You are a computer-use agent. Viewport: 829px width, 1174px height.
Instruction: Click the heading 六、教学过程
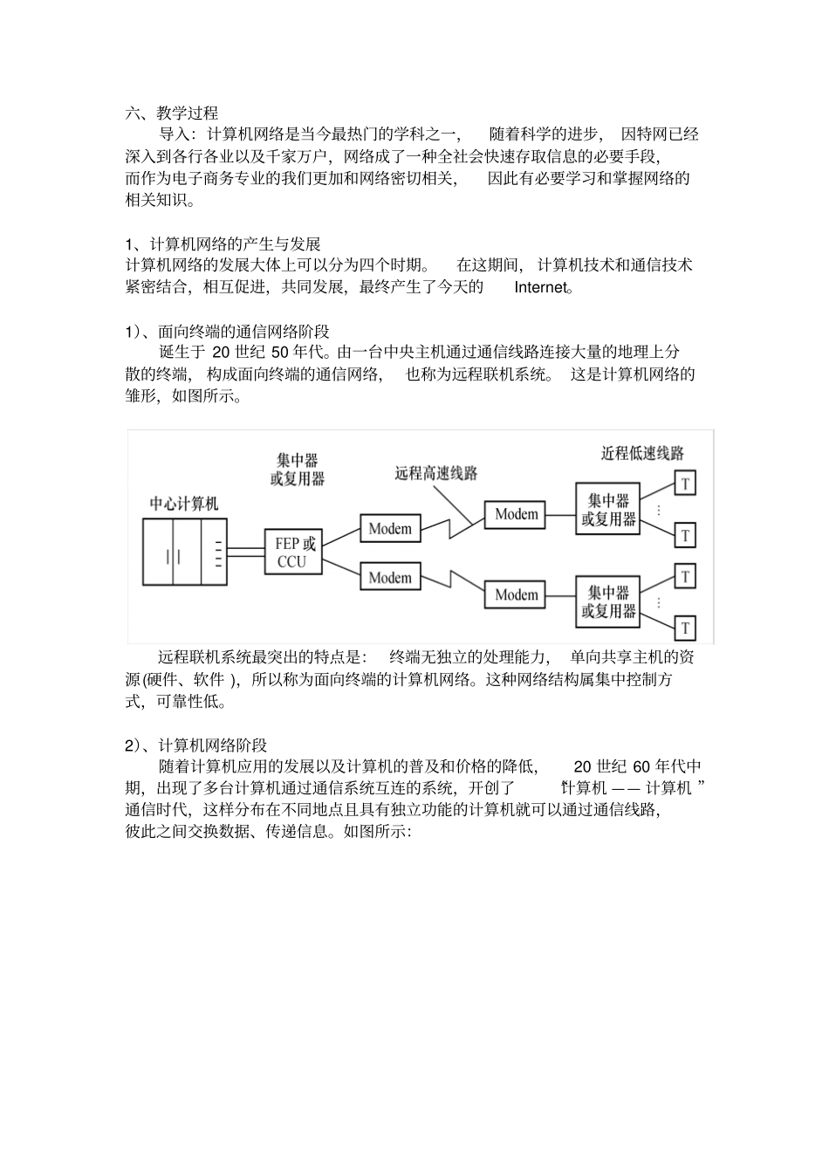click(172, 113)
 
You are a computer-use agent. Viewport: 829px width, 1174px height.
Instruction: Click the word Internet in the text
click(540, 287)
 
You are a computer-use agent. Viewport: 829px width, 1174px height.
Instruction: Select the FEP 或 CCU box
click(292, 552)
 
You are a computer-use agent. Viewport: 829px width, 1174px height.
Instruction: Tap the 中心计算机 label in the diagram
click(184, 504)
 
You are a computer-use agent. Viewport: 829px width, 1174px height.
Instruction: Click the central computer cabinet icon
click(184, 553)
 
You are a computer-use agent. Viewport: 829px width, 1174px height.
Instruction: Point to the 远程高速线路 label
click(436, 473)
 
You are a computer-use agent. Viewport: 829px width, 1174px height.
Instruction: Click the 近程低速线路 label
click(643, 453)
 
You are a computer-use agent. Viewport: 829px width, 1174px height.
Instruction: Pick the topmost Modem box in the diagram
click(517, 515)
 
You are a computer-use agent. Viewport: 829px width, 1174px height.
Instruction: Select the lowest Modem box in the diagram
click(517, 594)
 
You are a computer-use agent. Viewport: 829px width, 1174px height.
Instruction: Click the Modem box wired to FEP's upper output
click(390, 529)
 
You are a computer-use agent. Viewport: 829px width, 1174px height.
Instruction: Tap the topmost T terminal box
click(686, 483)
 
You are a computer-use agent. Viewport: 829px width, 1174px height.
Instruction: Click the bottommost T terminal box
click(686, 627)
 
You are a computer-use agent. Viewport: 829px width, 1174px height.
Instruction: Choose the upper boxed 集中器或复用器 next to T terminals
click(608, 510)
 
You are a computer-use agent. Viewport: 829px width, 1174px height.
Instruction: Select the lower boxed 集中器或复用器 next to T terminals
click(608, 601)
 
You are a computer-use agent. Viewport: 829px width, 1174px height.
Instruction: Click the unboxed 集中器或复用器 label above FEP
click(298, 469)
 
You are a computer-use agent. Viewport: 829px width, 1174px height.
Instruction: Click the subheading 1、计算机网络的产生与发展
click(223, 243)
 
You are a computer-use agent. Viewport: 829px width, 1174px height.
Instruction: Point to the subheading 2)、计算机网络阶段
click(195, 745)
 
